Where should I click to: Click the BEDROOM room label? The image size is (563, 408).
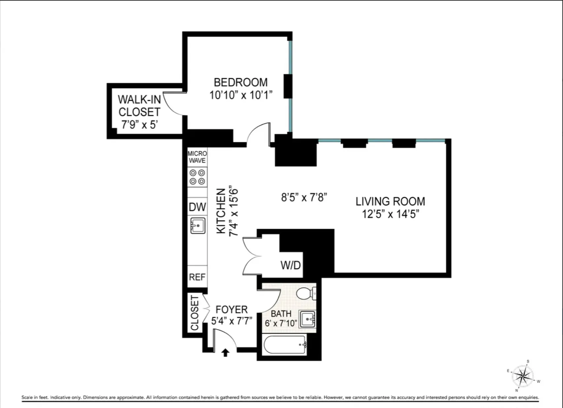coord(241,83)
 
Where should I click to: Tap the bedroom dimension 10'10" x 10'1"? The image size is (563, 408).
coord(241,95)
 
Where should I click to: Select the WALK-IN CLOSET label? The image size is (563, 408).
coord(139,106)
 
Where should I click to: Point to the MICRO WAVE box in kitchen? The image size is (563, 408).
coord(197,157)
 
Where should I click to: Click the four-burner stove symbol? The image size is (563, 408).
coord(197,177)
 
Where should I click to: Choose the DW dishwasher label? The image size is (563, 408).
coord(197,207)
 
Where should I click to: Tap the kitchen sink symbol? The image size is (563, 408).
coord(198,226)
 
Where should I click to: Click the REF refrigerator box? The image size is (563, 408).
coord(197,277)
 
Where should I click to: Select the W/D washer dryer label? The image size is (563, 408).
coord(290,265)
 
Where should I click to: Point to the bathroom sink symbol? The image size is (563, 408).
coord(308,319)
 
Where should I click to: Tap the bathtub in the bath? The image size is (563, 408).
coord(285,345)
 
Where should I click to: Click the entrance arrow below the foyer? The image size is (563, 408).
coord(225,353)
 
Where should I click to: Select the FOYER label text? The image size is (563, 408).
coord(231,310)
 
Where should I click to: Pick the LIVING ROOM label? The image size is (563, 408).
coord(390,201)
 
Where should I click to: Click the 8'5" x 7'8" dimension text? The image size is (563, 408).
coord(304,197)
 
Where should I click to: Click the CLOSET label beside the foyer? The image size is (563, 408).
coord(195,313)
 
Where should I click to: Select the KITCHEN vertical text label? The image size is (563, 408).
coord(221,211)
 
